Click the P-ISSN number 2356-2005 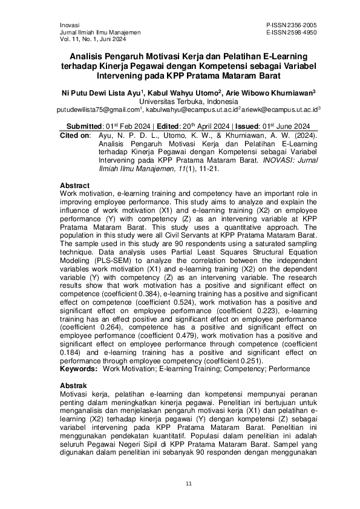[x=304, y=24]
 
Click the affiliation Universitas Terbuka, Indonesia [x=180, y=102]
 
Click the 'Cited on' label [x=74, y=137]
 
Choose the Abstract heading [x=75, y=185]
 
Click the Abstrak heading [x=74, y=385]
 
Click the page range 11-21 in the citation [x=203, y=170]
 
